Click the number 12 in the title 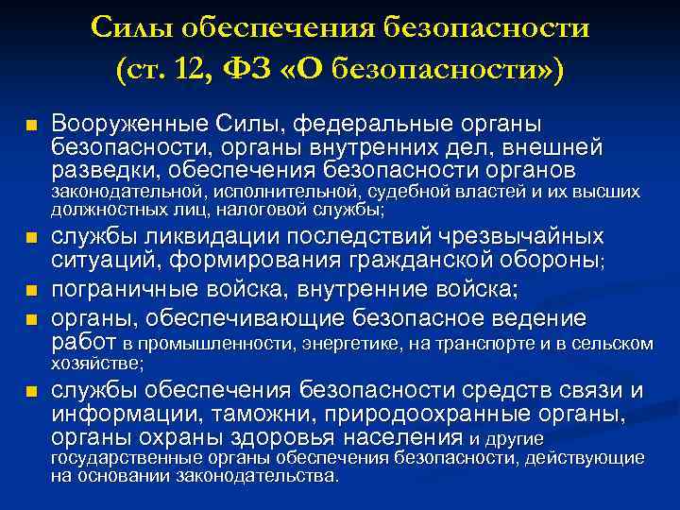tap(220, 69)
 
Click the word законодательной tap(113, 193)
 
